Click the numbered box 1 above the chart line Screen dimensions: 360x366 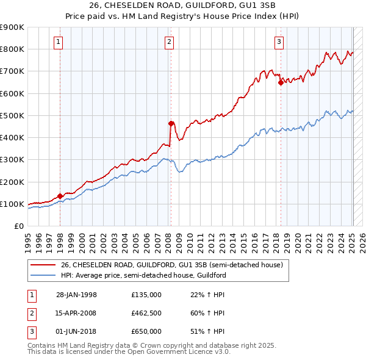(58, 42)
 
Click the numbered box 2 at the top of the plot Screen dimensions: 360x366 (168, 42)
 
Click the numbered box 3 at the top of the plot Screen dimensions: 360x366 (278, 42)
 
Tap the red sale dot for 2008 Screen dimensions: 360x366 (171, 123)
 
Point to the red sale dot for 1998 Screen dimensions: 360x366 (60, 196)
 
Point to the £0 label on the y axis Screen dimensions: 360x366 (18, 226)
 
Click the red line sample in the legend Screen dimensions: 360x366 (43, 265)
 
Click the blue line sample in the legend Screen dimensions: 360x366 (43, 275)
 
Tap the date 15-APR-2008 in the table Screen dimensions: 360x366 (76, 313)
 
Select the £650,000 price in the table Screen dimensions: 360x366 (146, 331)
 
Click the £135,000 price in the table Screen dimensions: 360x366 (146, 295)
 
